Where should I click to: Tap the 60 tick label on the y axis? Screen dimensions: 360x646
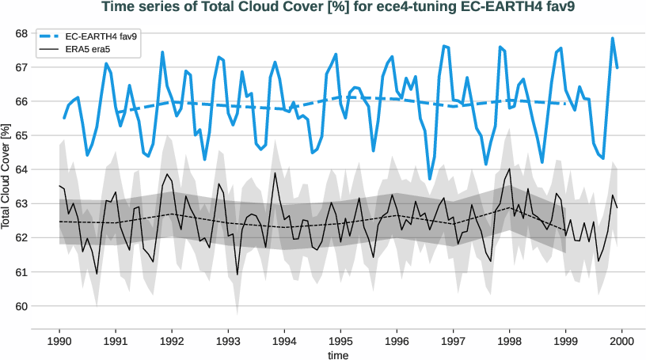[x=43, y=306]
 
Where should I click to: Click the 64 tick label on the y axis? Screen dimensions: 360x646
[x=43, y=169]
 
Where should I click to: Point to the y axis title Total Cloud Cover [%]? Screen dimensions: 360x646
[x=7, y=176]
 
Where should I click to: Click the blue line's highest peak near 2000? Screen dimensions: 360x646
[x=613, y=38]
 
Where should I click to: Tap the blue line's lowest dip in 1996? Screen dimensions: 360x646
[x=430, y=178]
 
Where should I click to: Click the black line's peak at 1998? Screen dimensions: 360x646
[x=509, y=169]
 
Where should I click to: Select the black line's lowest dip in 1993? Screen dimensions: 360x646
[x=237, y=275]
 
